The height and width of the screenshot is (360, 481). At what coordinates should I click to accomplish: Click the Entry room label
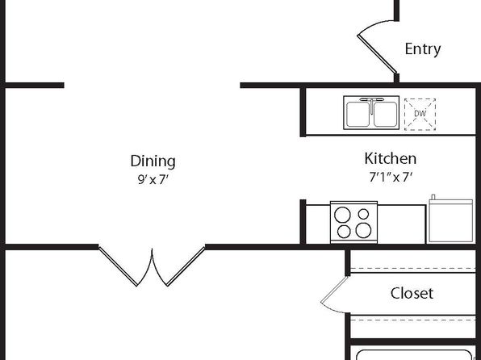click(x=423, y=49)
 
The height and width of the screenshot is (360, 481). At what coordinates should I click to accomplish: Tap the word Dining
click(x=153, y=161)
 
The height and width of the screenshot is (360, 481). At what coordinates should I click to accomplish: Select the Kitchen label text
click(x=390, y=159)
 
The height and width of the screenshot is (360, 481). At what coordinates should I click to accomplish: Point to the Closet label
click(x=412, y=293)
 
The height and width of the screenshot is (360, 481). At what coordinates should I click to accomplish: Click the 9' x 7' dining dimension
click(x=153, y=179)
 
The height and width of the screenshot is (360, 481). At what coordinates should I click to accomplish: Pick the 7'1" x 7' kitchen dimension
click(x=390, y=177)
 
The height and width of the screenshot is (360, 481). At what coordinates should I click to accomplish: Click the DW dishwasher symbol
click(x=420, y=114)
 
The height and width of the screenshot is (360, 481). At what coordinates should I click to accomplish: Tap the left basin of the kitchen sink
click(x=358, y=114)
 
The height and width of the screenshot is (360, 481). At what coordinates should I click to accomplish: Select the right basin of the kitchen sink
click(x=385, y=114)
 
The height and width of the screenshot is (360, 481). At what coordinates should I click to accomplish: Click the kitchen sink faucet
click(x=371, y=104)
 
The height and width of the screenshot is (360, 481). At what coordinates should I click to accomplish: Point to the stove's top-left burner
click(x=342, y=214)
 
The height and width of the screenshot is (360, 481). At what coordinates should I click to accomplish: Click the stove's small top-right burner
click(x=363, y=214)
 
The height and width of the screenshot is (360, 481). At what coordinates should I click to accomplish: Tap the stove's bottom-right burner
click(x=363, y=230)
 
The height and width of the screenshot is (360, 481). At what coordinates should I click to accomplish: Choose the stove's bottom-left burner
click(x=343, y=232)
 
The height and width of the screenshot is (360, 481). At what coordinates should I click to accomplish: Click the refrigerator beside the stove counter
click(x=450, y=219)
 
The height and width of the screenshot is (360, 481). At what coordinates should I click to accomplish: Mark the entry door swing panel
click(x=377, y=54)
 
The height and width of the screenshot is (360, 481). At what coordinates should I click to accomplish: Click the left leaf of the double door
click(x=118, y=266)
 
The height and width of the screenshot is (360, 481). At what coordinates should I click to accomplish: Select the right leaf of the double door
click(x=186, y=266)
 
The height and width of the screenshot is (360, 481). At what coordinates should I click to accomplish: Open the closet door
click(x=334, y=289)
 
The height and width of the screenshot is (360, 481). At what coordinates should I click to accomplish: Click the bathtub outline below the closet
click(x=413, y=351)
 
